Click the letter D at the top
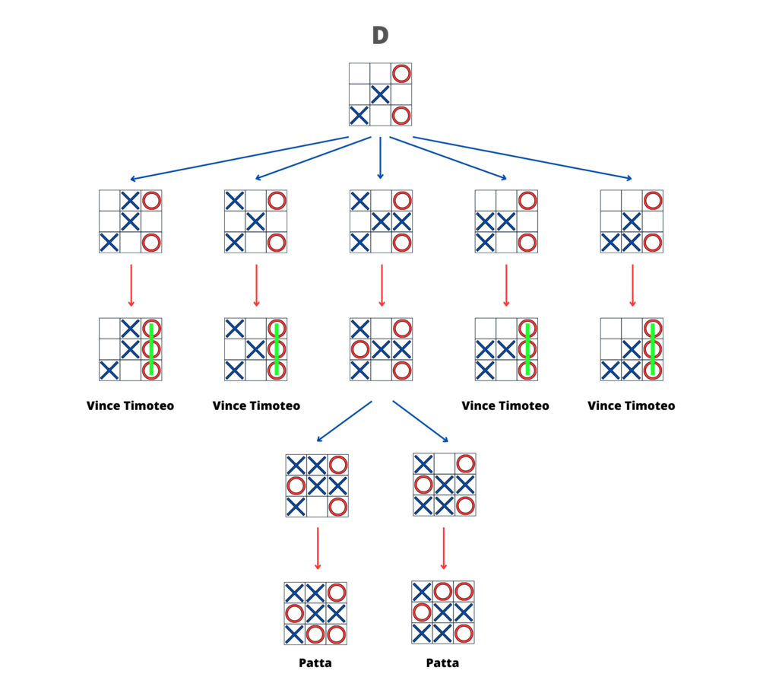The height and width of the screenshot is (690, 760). point(381,35)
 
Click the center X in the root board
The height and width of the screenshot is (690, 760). point(381,94)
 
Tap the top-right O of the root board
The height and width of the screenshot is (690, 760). point(401,74)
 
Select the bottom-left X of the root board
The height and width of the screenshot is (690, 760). point(359,116)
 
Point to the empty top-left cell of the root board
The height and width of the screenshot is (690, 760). point(359,74)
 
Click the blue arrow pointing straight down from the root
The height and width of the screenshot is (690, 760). point(381,158)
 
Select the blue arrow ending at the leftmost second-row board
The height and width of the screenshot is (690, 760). point(239,159)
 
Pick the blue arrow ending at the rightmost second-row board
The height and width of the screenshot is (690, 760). point(523,159)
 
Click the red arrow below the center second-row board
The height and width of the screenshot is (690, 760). point(382,285)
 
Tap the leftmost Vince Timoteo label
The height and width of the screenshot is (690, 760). point(131,405)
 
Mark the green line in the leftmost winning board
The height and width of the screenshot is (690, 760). point(152,349)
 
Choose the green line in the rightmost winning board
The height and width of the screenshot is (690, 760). point(653,349)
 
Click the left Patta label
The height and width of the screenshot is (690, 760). point(315,663)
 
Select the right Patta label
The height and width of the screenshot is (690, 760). point(442,663)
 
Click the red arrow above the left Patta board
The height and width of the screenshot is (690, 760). point(318,549)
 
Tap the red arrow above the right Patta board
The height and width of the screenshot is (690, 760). point(444,549)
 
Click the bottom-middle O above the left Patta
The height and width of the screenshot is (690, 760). point(315,634)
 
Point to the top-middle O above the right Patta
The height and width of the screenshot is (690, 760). point(442,592)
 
